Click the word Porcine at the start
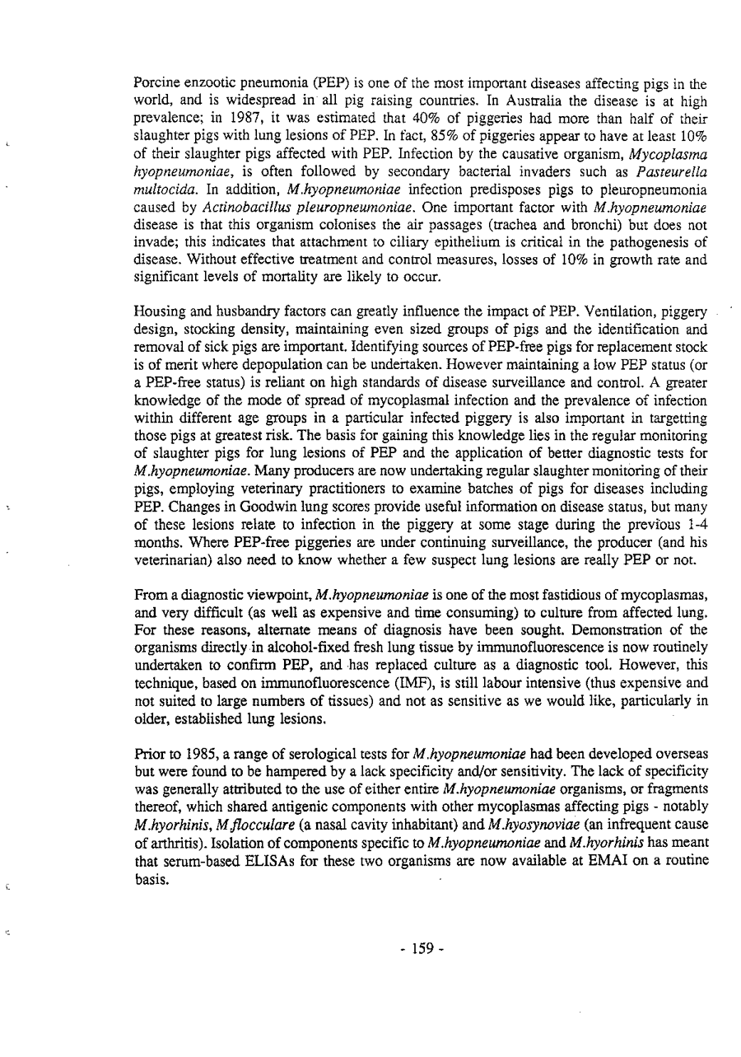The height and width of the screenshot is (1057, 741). pos(155,83)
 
